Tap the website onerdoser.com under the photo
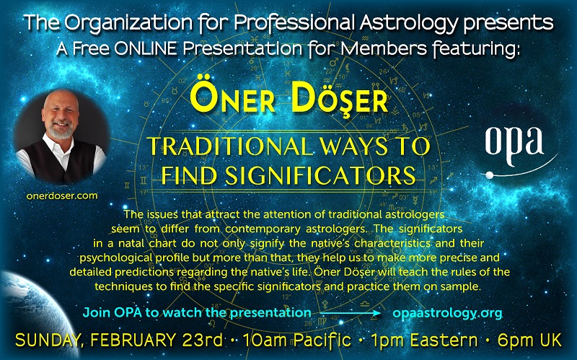(62, 196)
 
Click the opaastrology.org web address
(447, 313)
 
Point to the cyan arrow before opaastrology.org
(351, 314)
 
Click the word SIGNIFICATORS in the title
(320, 175)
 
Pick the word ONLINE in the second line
(146, 49)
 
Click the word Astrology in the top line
(408, 24)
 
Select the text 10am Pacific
(296, 340)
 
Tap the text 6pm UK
(529, 340)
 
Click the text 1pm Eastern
(424, 340)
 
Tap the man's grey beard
(61, 131)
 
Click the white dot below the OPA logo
(490, 175)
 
